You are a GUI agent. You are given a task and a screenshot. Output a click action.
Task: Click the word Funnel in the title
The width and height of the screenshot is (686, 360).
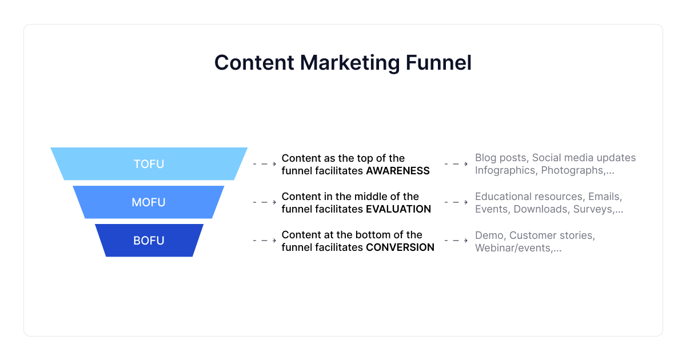[x=438, y=63]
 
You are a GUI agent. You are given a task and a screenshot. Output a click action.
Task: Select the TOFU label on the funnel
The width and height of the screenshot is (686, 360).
[x=149, y=164]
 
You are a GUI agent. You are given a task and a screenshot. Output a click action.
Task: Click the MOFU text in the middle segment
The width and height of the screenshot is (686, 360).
[x=149, y=202]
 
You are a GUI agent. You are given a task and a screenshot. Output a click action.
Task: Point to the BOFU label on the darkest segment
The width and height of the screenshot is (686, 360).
[x=149, y=241]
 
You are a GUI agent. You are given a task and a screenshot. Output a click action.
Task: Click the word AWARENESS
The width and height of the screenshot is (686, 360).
[x=398, y=171]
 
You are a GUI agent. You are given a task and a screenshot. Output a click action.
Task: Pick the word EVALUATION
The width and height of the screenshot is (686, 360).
[x=398, y=209]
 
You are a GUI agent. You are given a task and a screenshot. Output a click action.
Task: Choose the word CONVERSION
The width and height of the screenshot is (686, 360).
[x=400, y=247]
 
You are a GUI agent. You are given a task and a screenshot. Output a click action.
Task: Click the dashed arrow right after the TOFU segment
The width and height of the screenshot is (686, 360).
[x=265, y=164]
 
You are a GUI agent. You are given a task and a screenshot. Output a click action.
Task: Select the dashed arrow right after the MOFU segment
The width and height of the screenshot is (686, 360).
[x=265, y=202]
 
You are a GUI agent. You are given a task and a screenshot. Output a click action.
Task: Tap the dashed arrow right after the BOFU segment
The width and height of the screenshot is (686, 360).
[x=265, y=241]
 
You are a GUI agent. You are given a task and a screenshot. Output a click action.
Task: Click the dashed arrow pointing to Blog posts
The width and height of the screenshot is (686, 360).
[x=456, y=164]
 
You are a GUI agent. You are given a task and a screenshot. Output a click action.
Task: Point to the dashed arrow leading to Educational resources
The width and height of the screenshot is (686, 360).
[x=456, y=202]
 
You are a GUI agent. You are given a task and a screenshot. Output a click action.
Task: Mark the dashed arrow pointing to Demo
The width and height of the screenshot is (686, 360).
[x=456, y=241]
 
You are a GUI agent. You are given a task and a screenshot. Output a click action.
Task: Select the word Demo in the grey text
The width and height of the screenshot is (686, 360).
[x=490, y=235]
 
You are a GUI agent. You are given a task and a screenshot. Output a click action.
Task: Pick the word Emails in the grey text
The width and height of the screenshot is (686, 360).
[x=605, y=197]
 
